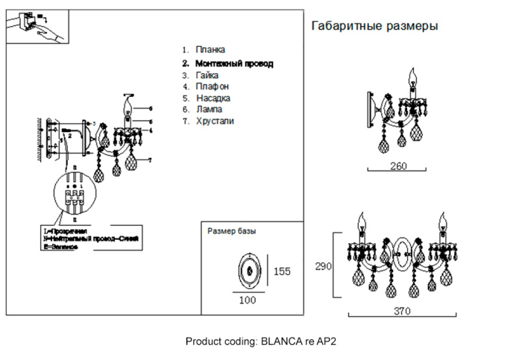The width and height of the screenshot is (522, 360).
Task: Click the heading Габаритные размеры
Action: tap(374, 26)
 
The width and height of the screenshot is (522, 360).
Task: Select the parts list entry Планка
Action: tap(210, 49)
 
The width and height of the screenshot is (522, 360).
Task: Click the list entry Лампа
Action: tap(209, 109)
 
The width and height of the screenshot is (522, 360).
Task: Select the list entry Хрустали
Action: tap(215, 120)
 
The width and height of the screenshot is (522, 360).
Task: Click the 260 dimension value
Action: tap(399, 166)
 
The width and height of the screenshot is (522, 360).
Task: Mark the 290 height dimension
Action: tap(323, 266)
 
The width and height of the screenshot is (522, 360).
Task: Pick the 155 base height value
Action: tap(282, 271)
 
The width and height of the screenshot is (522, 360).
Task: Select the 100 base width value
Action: tap(248, 300)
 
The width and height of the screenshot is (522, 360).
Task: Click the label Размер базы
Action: tap(231, 231)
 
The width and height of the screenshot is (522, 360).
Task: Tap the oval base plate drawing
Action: tap(248, 271)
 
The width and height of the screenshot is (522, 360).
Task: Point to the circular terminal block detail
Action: tap(75, 195)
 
